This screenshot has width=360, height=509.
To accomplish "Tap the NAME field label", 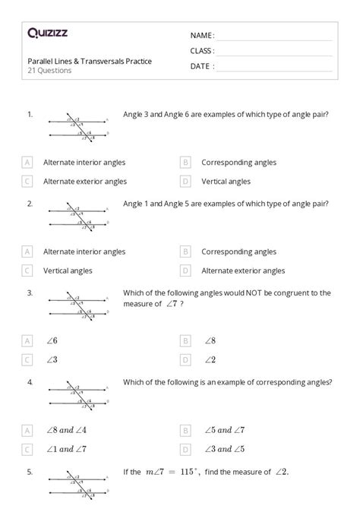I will click(202, 36).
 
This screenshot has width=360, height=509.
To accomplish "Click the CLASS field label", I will click(202, 51).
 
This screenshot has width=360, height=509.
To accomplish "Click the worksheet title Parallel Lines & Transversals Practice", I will click(90, 61).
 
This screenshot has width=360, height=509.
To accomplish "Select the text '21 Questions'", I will click(50, 71).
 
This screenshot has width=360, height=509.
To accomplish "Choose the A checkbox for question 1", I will click(27, 162).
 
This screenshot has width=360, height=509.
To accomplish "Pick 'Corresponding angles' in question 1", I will click(238, 162).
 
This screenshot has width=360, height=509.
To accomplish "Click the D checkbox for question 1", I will click(185, 182).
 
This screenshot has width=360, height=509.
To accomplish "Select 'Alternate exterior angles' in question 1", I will click(85, 182).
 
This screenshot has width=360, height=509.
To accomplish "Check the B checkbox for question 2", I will click(185, 251).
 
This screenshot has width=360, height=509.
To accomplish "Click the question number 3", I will click(30, 292).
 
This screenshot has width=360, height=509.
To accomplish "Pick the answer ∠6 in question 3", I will click(51, 341).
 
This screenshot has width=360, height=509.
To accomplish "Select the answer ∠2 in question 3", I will click(210, 360).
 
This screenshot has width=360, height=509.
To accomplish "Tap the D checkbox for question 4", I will click(185, 449).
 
